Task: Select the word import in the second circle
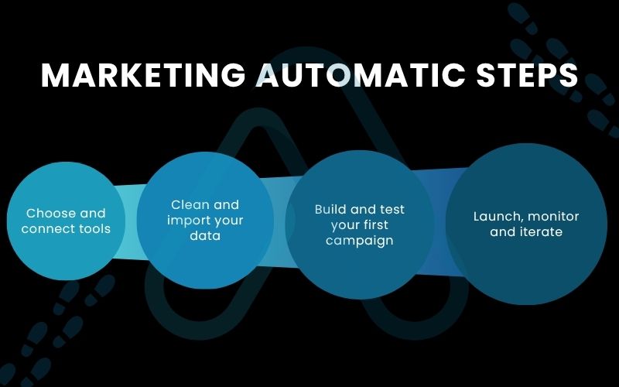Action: pos(186,221)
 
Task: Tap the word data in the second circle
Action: pos(205,235)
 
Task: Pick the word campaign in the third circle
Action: pos(359,241)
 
